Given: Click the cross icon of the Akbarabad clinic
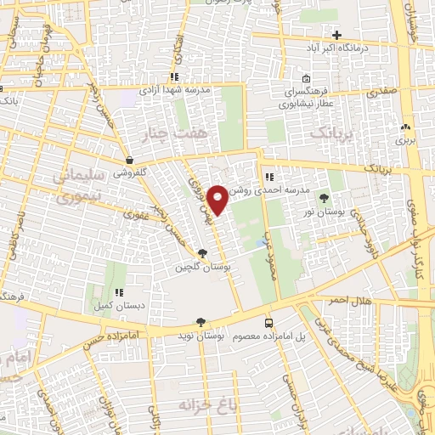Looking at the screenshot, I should point(337,35).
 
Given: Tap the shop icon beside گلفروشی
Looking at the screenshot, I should point(128,159).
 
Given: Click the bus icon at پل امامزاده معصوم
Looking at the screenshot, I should point(269,323).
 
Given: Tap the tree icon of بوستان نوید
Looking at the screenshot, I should point(201,323).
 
